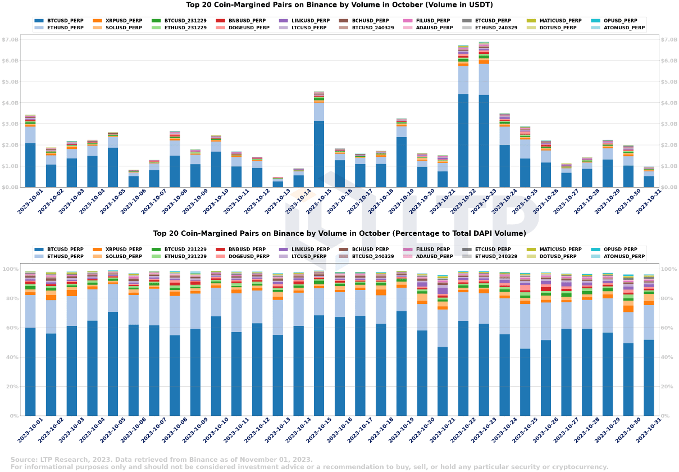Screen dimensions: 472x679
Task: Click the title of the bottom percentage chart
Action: [x=339, y=233]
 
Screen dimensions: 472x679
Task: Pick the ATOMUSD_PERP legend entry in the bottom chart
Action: [x=625, y=256]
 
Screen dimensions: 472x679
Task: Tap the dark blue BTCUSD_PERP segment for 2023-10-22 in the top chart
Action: [x=463, y=140]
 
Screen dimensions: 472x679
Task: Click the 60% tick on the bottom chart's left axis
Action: [x=11, y=328]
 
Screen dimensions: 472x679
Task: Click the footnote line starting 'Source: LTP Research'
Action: [x=161, y=459]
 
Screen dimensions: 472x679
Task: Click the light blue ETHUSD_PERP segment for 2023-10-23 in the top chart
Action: [x=484, y=79]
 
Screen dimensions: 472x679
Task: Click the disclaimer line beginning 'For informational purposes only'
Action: [x=309, y=467]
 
